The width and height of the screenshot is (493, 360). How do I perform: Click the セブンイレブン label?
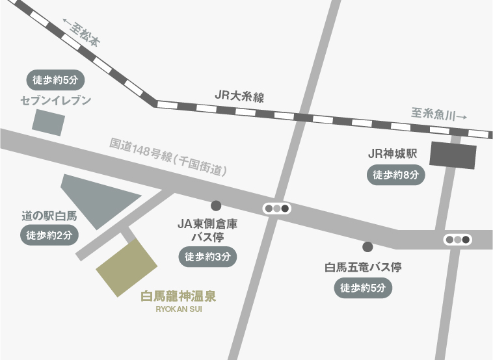point(56,101)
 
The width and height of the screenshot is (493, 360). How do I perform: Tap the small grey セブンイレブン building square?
point(49,122)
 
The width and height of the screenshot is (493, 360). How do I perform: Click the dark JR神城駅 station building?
point(453,155)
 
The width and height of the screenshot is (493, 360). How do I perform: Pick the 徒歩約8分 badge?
point(396,175)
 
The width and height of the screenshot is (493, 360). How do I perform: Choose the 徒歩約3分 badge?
point(207,257)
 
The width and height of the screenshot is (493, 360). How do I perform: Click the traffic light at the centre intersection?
point(276,209)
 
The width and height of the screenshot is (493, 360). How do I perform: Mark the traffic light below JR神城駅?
point(457,239)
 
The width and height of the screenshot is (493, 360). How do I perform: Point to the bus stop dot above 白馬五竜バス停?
point(367,246)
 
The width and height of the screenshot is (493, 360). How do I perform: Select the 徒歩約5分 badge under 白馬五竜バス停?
point(364,287)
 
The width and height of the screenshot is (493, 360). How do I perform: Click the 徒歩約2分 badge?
point(49,235)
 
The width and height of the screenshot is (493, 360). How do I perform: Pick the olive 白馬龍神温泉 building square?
point(127,268)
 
